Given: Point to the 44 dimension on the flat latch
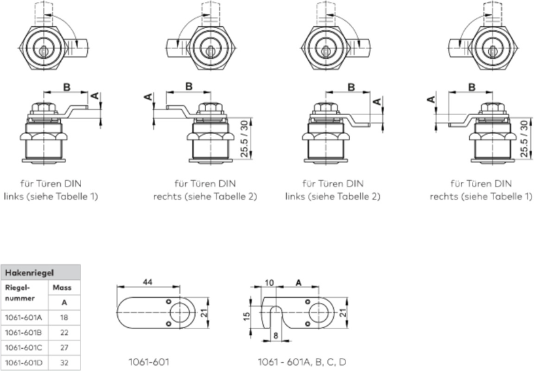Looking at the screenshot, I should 150,282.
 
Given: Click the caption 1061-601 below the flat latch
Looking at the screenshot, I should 150,361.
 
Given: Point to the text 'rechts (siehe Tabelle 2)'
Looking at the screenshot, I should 205,196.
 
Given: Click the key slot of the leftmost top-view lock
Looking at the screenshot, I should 43,50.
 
